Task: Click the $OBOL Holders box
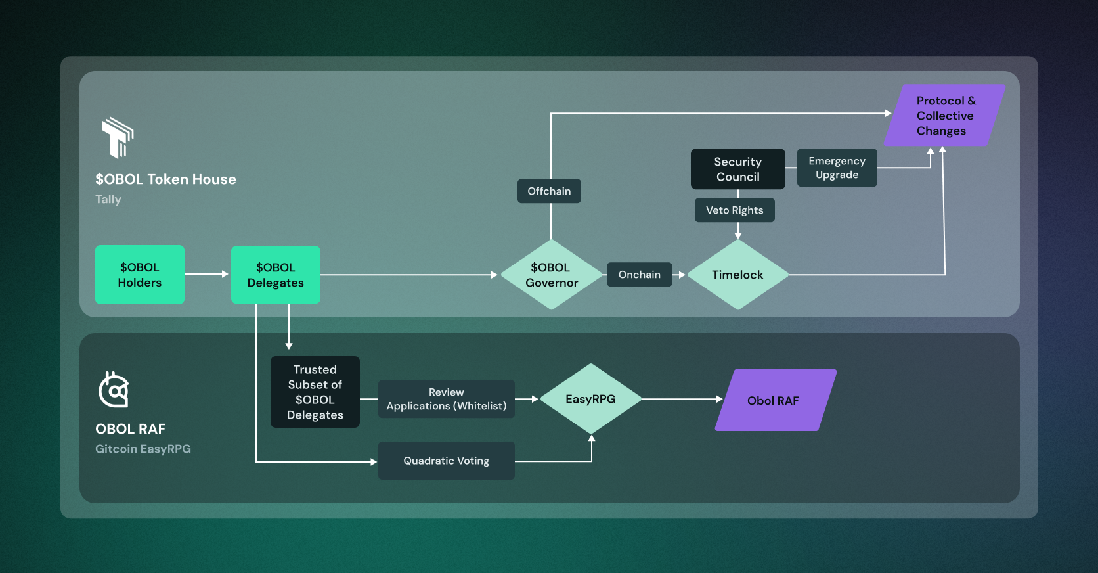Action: tap(140, 275)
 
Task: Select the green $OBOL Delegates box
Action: tap(276, 275)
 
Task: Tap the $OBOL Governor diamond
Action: tap(552, 275)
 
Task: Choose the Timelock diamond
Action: tap(737, 275)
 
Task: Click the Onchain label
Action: tap(639, 275)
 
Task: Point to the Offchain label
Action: tap(549, 191)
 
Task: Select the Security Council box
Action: tap(737, 169)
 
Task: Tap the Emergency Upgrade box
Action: tap(837, 168)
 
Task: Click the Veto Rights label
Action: tap(734, 210)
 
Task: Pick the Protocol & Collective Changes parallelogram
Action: tap(945, 116)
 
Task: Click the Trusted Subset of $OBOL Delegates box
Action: tap(315, 392)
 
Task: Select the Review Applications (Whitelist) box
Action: tap(447, 399)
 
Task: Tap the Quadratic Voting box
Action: tap(447, 461)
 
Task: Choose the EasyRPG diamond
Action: tap(591, 399)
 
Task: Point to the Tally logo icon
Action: tap(118, 137)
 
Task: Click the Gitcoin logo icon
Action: tap(114, 390)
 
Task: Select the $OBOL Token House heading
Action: tap(165, 179)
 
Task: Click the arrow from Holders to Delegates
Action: tap(207, 274)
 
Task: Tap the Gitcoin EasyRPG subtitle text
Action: tap(143, 449)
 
